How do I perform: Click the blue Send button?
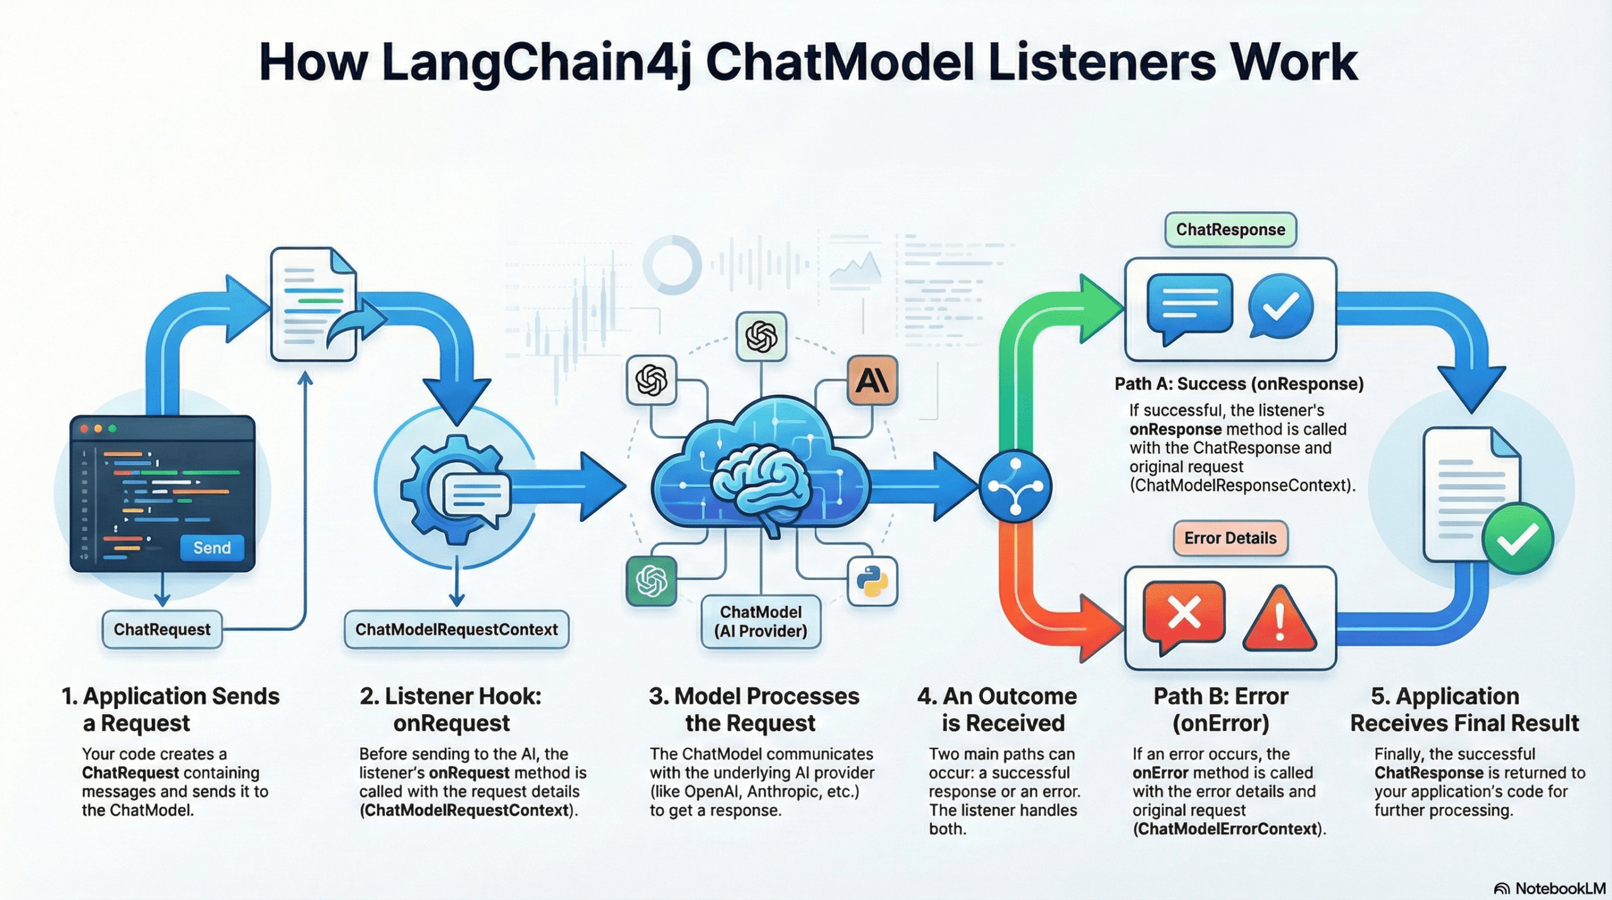212,548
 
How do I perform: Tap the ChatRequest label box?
162,629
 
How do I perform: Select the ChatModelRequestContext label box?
457,629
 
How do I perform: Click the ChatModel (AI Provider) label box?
761,622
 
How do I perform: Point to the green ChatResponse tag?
1230,230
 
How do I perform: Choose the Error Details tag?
1230,538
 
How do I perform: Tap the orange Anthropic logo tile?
872,380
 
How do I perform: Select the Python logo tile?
872,581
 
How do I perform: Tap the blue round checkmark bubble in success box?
1281,307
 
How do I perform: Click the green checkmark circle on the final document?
1518,539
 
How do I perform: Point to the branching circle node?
1015,486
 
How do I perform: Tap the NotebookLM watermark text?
1560,889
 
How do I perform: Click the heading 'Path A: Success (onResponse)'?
1239,384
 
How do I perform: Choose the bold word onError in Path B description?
1160,773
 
